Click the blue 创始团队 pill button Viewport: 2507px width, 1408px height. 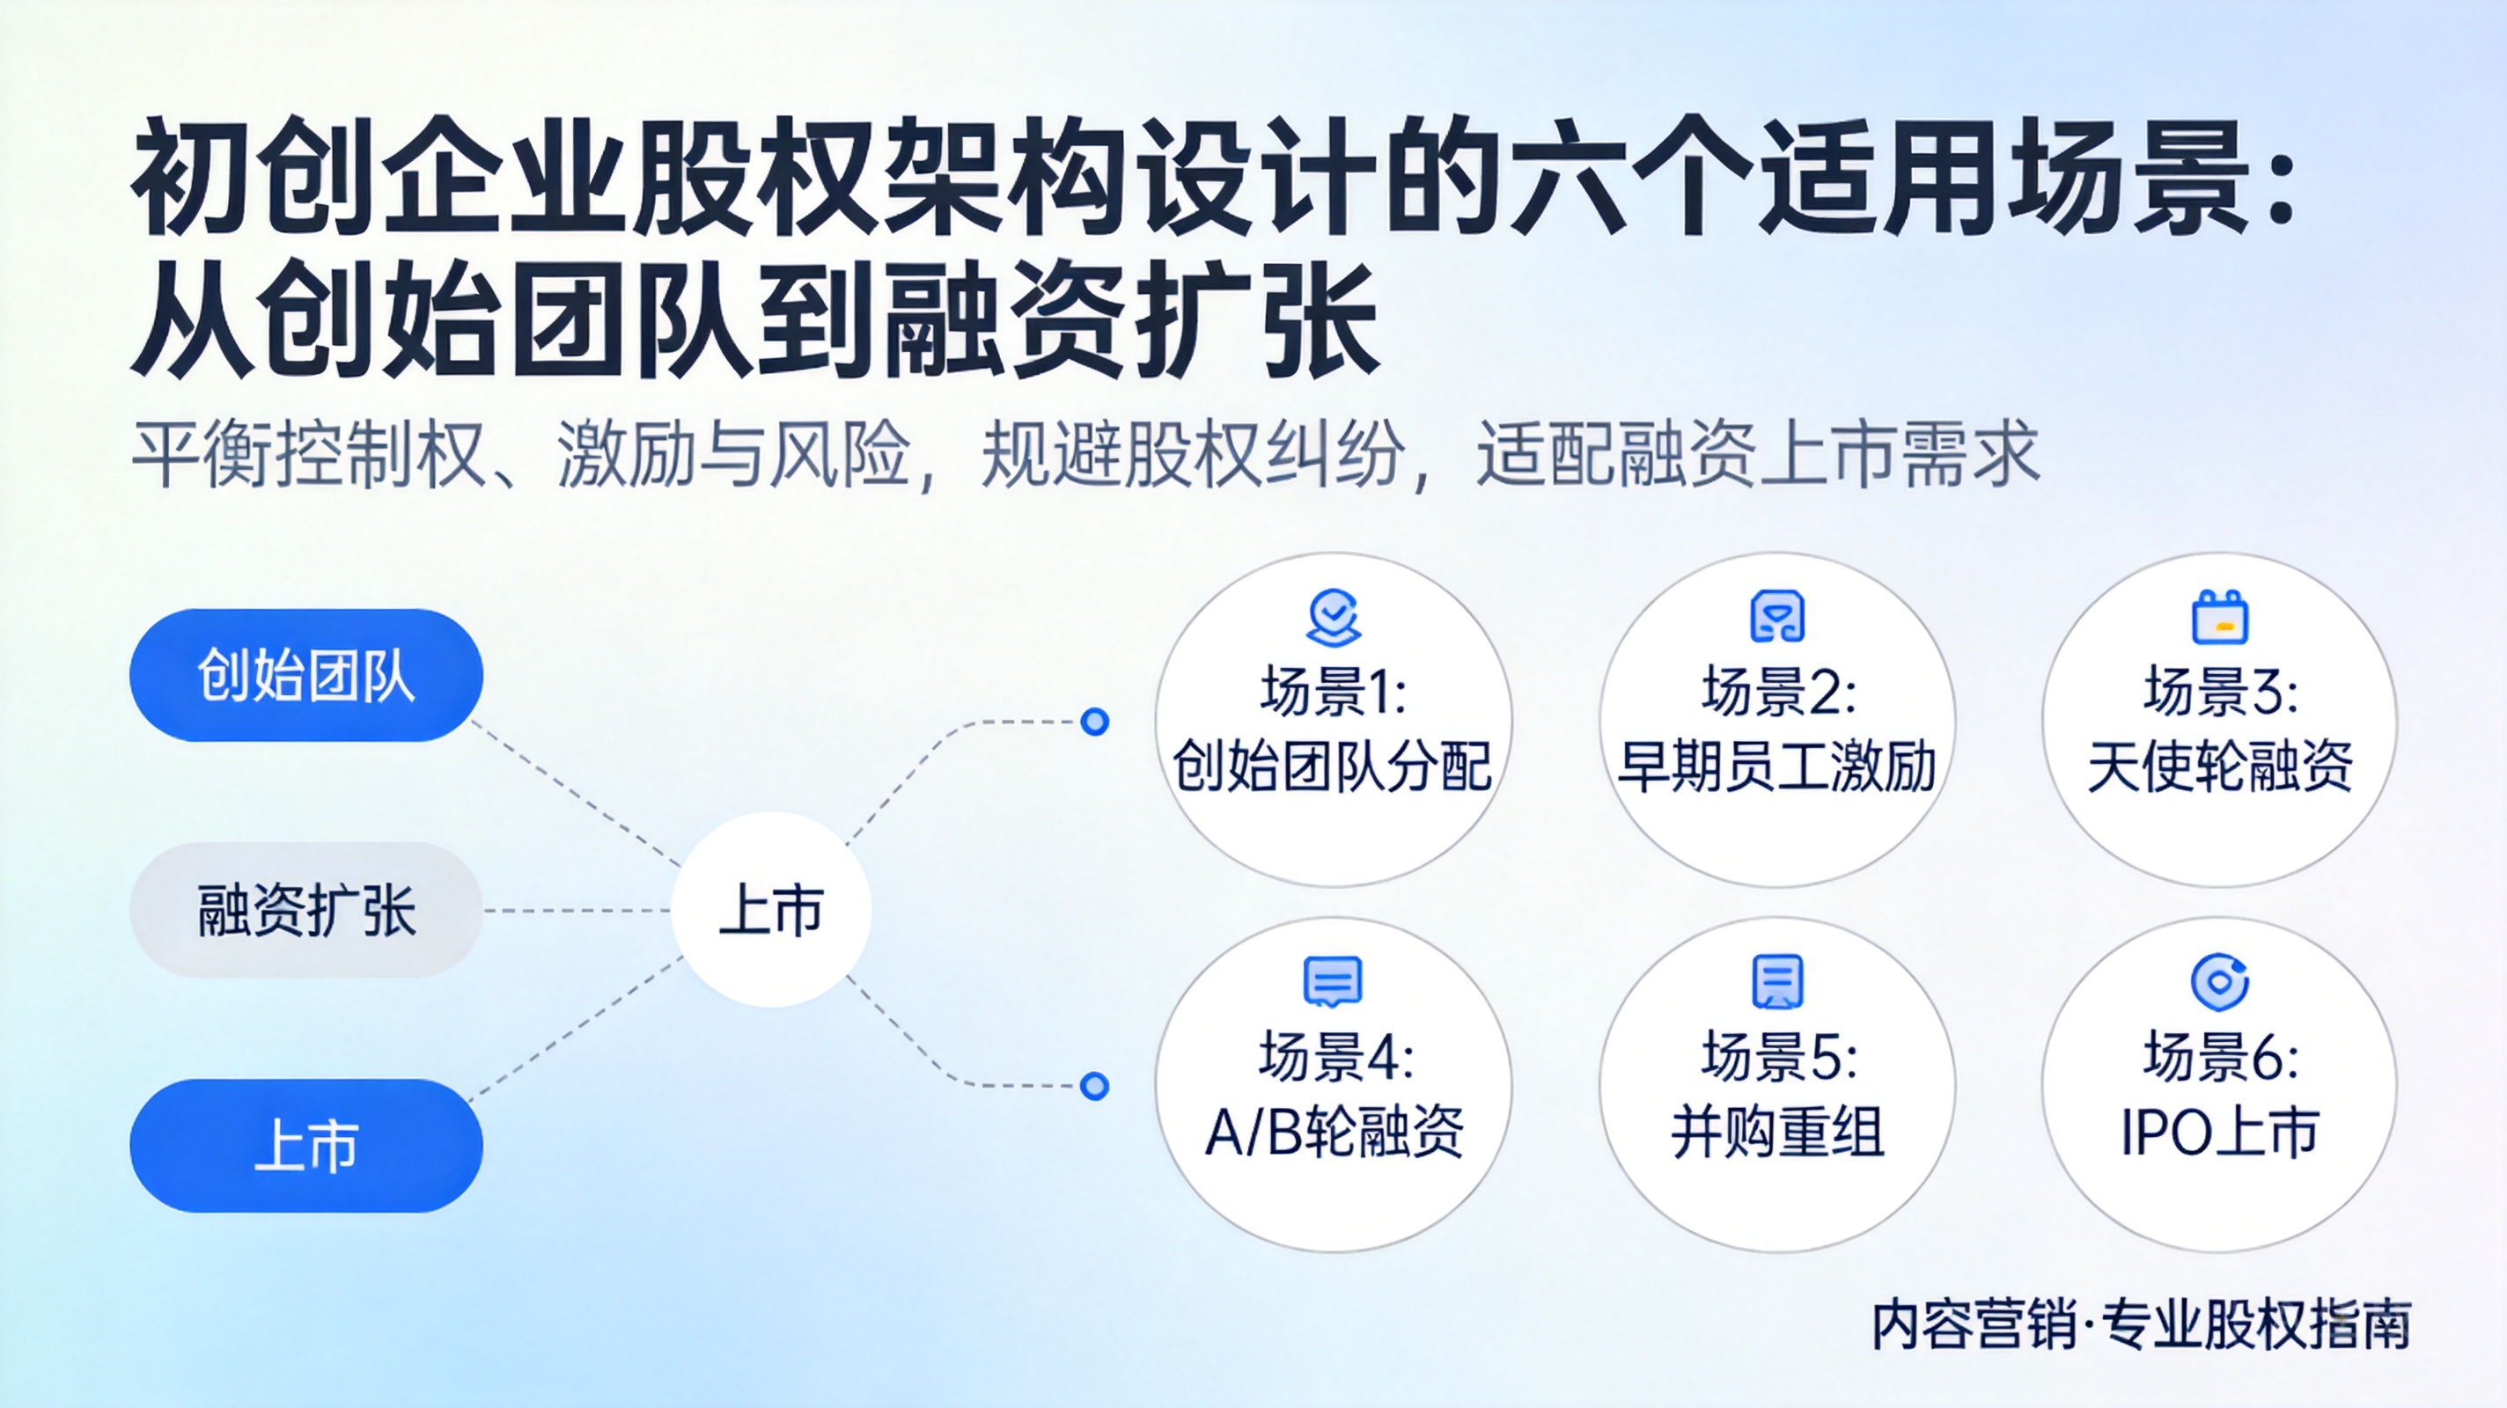point(306,675)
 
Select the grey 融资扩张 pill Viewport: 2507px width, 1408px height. point(306,911)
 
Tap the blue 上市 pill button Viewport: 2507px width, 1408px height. point(306,1145)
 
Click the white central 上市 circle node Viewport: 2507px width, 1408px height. point(771,910)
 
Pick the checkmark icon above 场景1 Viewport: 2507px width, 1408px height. point(1334,617)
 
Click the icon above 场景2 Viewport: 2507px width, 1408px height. point(1777,617)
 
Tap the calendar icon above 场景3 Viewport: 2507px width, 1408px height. point(2220,617)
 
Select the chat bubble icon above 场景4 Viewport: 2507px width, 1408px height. point(1334,982)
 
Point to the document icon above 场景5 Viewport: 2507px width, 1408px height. point(1777,982)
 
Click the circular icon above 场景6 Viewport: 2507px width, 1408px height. point(2220,982)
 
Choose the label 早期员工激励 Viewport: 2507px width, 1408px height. point(1776,766)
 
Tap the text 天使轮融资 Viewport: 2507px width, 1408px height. point(2220,766)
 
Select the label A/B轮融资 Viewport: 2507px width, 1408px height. point(1334,1132)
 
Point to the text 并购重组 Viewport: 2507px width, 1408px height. point(1777,1132)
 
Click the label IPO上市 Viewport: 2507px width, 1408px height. point(2220,1132)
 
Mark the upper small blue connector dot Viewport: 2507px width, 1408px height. point(1095,722)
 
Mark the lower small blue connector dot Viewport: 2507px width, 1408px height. point(1095,1086)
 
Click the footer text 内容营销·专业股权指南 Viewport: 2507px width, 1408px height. point(2141,1324)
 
